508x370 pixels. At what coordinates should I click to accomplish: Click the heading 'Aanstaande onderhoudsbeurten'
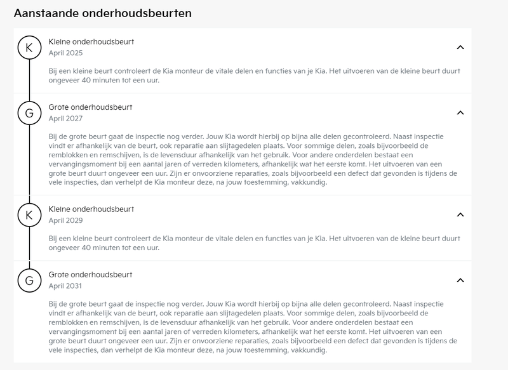(103, 13)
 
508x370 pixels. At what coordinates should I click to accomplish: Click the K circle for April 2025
(29, 47)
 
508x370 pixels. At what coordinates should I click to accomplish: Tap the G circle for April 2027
(29, 112)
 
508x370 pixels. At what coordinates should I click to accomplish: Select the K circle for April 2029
(29, 215)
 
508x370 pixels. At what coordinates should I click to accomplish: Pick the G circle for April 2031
(29, 280)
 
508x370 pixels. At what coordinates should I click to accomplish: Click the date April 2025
(66, 53)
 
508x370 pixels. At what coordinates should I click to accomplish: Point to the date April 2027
(66, 119)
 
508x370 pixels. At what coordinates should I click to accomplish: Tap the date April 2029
(66, 221)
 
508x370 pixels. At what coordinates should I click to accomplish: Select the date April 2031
(66, 286)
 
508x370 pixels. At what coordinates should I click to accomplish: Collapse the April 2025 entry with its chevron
(461, 47)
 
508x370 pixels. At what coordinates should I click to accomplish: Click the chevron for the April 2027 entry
(461, 112)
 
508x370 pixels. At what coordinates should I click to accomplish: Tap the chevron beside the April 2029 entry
(461, 215)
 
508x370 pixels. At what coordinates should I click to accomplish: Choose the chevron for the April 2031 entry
(461, 280)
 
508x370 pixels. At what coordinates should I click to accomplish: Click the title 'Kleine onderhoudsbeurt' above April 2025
(91, 42)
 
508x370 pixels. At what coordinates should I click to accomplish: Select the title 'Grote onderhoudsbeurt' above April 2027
(91, 107)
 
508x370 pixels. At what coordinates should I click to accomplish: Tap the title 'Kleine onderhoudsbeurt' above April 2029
(91, 209)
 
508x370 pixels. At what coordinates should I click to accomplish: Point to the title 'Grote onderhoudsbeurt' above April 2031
(91, 275)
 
